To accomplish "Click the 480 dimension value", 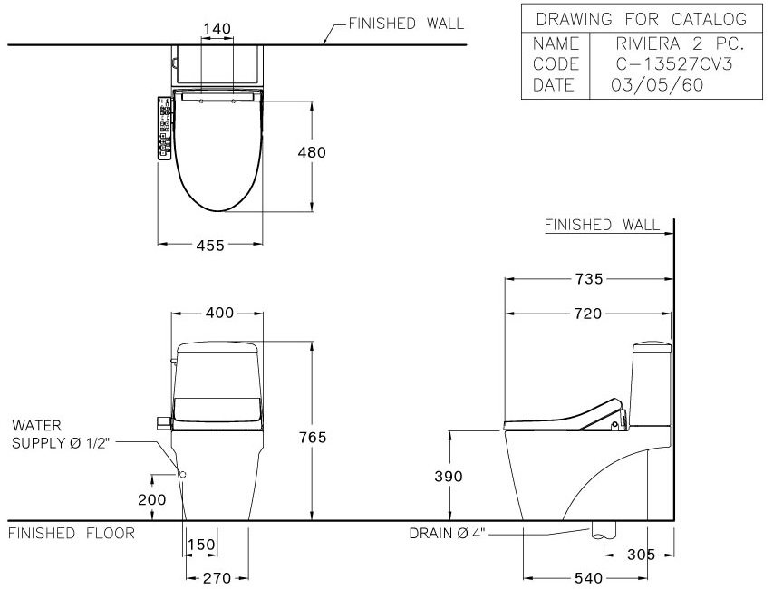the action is tap(312, 153).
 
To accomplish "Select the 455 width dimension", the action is tap(210, 246).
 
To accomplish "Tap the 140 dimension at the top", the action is tap(217, 29).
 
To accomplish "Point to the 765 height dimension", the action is tap(313, 437).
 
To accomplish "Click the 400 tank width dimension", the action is tap(219, 313).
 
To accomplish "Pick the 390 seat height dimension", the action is tap(449, 476).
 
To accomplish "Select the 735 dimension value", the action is tap(589, 279).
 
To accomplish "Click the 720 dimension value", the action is tap(588, 314).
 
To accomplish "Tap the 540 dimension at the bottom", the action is tap(589, 577).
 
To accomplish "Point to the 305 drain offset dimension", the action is tap(641, 555).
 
